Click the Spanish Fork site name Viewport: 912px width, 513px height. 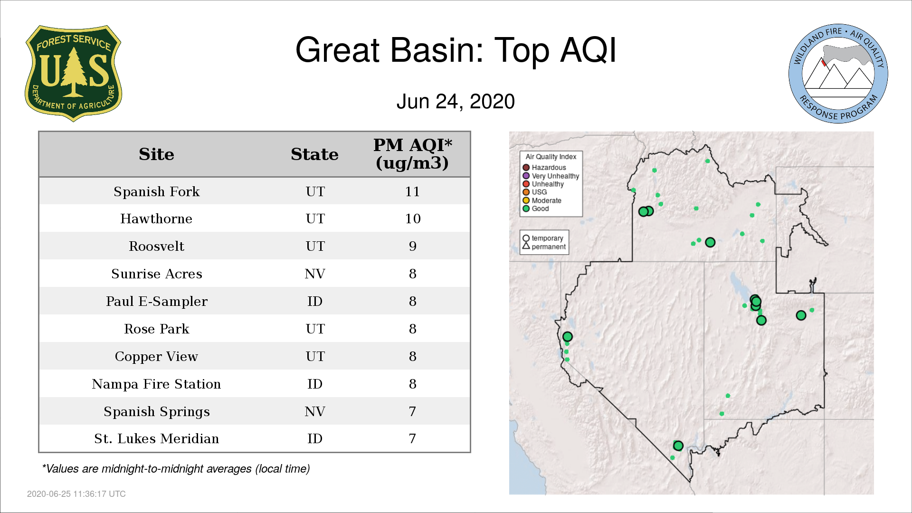coord(156,191)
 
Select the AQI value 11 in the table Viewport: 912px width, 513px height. coord(412,191)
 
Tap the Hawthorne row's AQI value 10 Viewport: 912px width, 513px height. coord(412,218)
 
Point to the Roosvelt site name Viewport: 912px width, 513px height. coord(156,246)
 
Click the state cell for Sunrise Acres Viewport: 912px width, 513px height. coord(315,274)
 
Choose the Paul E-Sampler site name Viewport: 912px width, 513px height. coord(156,302)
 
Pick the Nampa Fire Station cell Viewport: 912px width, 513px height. coord(156,384)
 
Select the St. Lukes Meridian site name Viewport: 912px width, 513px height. coord(156,438)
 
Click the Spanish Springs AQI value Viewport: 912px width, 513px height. coord(412,411)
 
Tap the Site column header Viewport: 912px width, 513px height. coord(156,154)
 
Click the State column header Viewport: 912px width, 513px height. coord(314,154)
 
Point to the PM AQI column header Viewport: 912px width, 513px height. coord(412,154)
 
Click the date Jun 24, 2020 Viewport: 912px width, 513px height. coord(456,102)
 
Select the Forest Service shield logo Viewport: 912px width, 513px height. coord(73,74)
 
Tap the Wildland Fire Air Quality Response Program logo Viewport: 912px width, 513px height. coord(838,74)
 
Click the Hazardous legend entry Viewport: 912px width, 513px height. coord(544,168)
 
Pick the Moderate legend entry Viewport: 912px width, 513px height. coord(542,200)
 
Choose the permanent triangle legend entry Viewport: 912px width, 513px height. coord(544,247)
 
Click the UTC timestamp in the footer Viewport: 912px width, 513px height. coord(76,494)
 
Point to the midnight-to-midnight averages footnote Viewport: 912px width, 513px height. coord(176,469)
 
